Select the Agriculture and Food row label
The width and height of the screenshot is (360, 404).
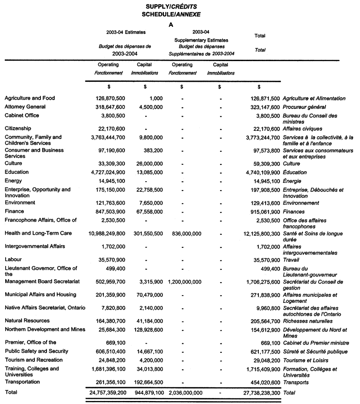[x=30, y=99]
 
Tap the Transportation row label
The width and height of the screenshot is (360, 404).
[x=22, y=382]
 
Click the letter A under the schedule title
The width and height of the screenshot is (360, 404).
[x=171, y=25]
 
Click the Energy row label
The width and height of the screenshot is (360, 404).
[x=13, y=181]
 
